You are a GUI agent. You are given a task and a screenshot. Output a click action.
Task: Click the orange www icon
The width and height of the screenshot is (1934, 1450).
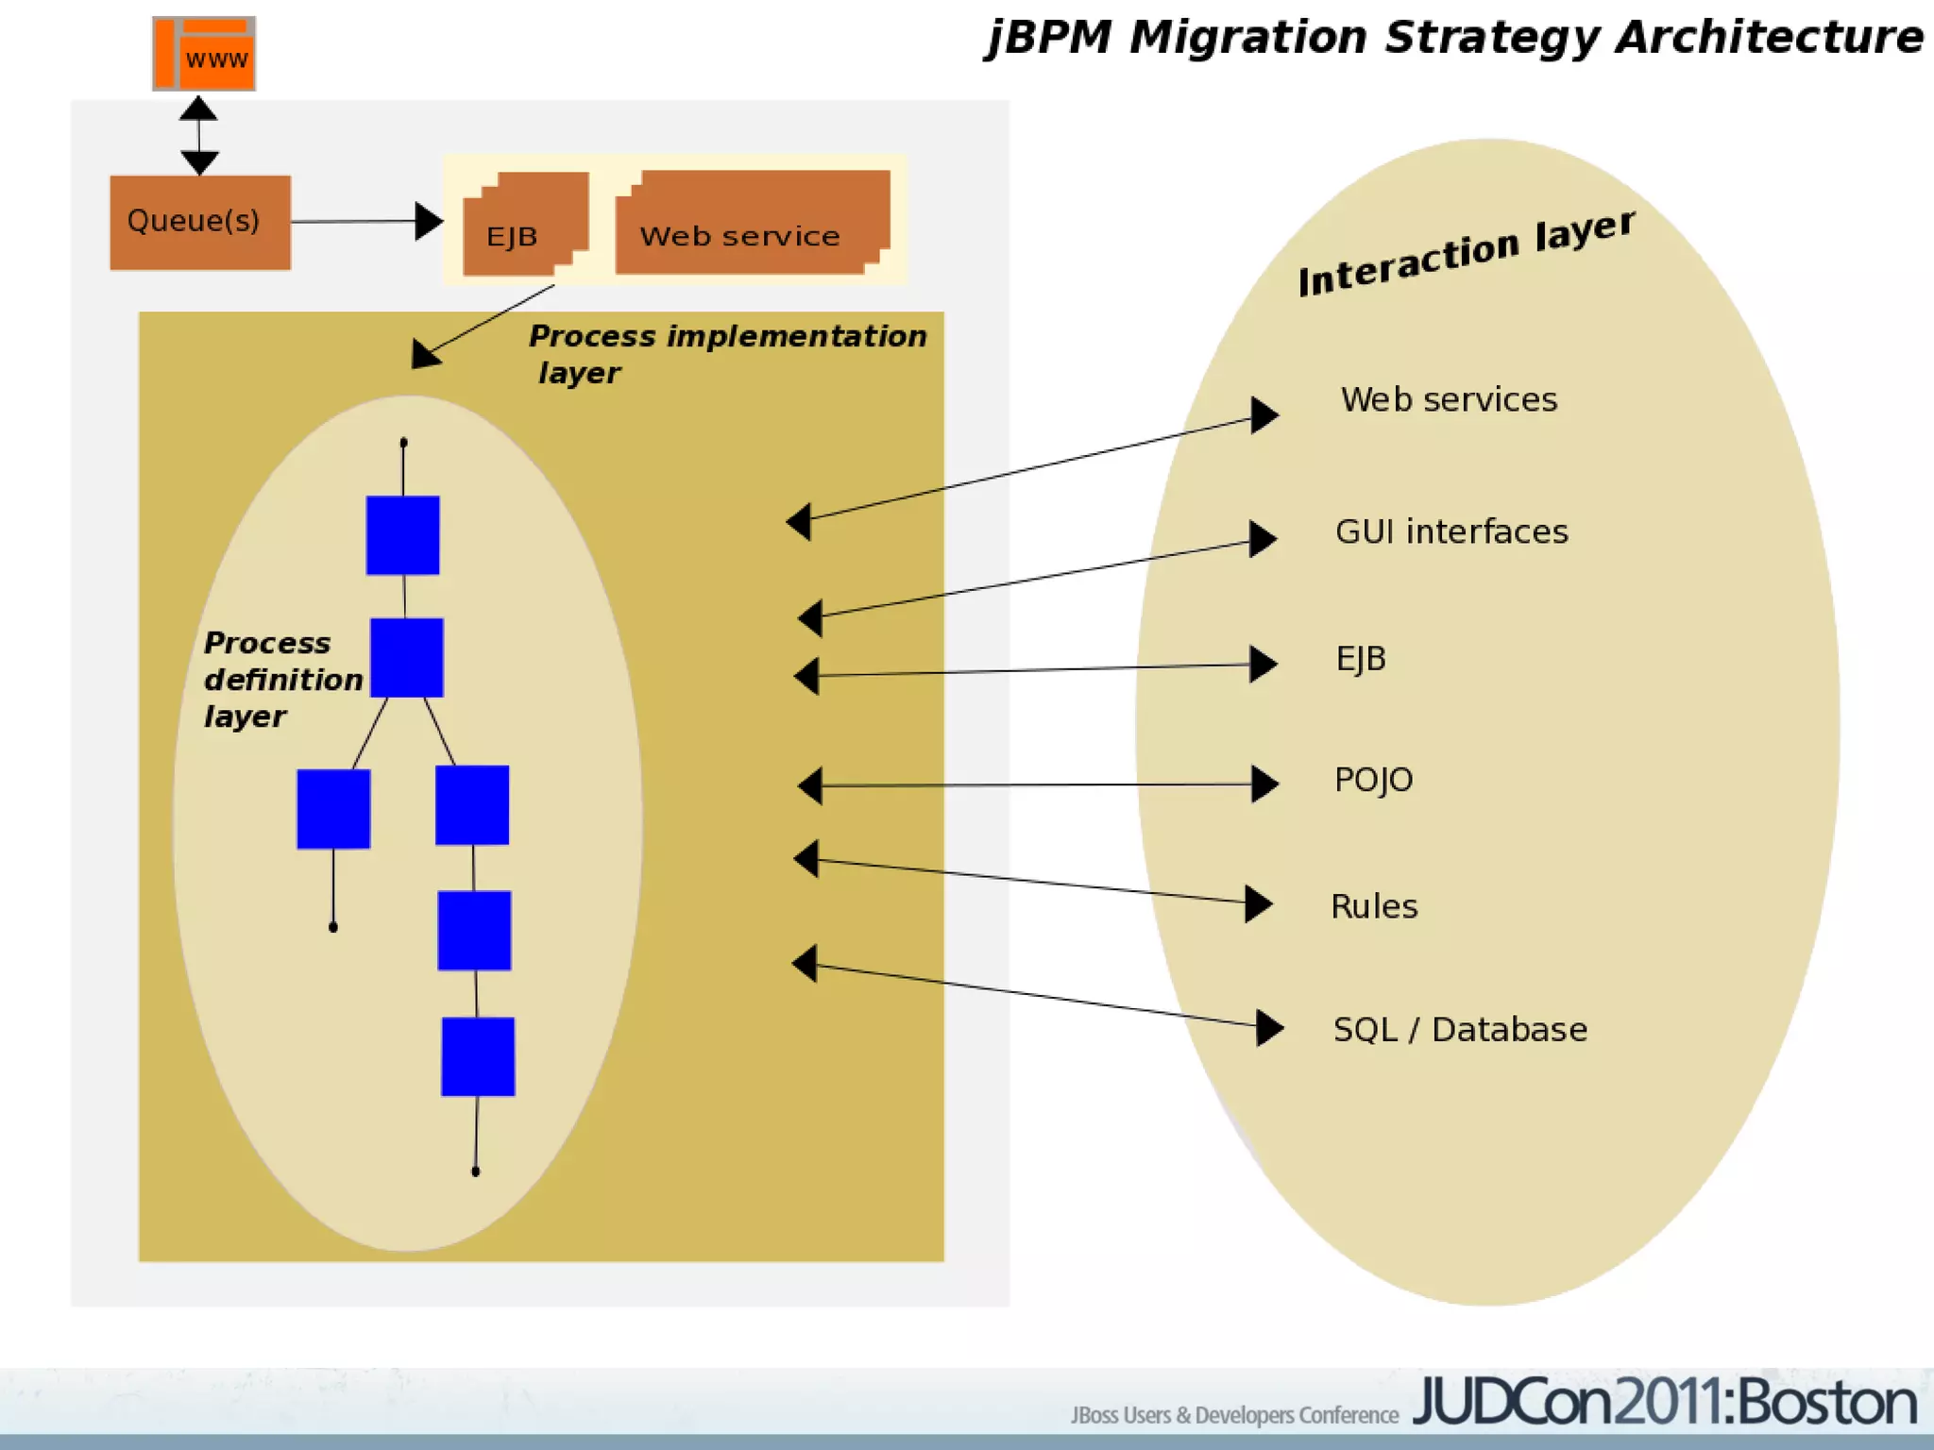(204, 54)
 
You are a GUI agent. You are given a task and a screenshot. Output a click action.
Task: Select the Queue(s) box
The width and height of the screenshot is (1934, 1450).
(200, 223)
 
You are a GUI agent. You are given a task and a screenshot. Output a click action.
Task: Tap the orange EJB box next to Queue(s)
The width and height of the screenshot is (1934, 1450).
(525, 225)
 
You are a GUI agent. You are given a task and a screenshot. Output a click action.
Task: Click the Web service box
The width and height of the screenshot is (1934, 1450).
(752, 223)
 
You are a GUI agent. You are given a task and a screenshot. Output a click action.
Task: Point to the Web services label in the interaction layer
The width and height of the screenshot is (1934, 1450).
(1449, 400)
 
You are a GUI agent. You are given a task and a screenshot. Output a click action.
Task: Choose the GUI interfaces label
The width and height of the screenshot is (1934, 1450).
(1451, 531)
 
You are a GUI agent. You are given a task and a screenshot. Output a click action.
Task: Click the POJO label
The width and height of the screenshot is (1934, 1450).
(1373, 780)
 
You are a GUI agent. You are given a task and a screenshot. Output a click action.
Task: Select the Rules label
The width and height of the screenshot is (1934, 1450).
(1374, 906)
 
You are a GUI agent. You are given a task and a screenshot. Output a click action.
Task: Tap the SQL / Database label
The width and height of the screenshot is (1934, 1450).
(1460, 1029)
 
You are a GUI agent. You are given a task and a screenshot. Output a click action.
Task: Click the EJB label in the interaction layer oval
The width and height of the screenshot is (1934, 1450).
(1361, 658)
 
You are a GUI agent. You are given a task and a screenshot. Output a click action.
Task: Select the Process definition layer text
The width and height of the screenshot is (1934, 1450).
(282, 679)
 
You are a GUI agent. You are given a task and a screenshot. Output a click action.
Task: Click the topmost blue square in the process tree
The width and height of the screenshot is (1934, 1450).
(402, 535)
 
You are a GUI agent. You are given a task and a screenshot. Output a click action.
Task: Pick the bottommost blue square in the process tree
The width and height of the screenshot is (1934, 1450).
(478, 1056)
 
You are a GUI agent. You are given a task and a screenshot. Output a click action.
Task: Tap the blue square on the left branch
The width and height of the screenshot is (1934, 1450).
(333, 809)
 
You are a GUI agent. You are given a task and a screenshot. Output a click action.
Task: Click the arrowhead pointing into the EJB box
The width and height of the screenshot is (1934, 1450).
(429, 222)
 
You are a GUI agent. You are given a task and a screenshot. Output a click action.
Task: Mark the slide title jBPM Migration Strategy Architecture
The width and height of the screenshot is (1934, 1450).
(1454, 38)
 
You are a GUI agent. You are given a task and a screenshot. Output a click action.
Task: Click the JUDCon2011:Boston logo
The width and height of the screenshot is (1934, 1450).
(1664, 1403)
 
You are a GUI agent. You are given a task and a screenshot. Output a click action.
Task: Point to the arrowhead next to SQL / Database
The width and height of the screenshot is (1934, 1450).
(1269, 1027)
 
